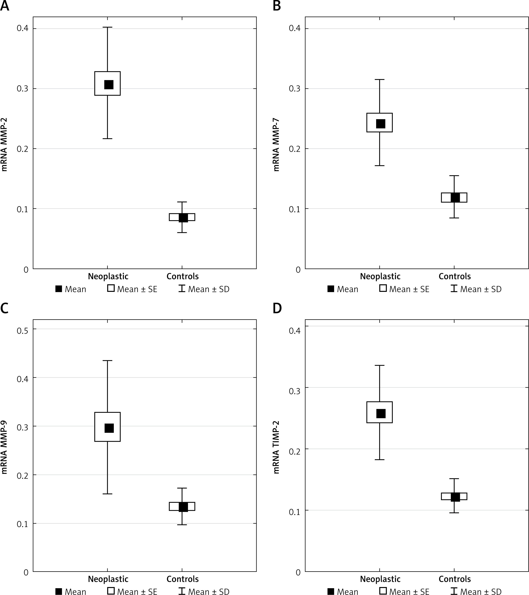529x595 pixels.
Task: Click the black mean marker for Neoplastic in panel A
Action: click(109, 84)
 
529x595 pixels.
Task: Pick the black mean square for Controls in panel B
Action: click(455, 197)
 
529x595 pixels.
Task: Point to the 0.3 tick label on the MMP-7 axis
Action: click(294, 89)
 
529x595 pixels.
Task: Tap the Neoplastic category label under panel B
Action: click(380, 276)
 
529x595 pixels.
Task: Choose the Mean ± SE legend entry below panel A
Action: click(132, 289)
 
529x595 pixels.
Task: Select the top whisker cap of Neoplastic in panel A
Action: click(107, 27)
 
